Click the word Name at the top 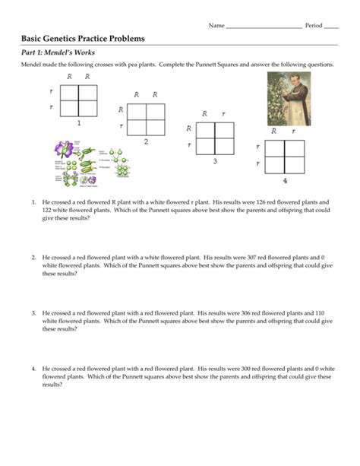click(216, 25)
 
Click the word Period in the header click(314, 25)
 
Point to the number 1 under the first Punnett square click(78, 122)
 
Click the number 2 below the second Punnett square click(146, 141)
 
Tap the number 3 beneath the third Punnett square click(214, 161)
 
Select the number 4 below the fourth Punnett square click(286, 181)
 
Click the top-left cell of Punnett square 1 click(70, 92)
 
